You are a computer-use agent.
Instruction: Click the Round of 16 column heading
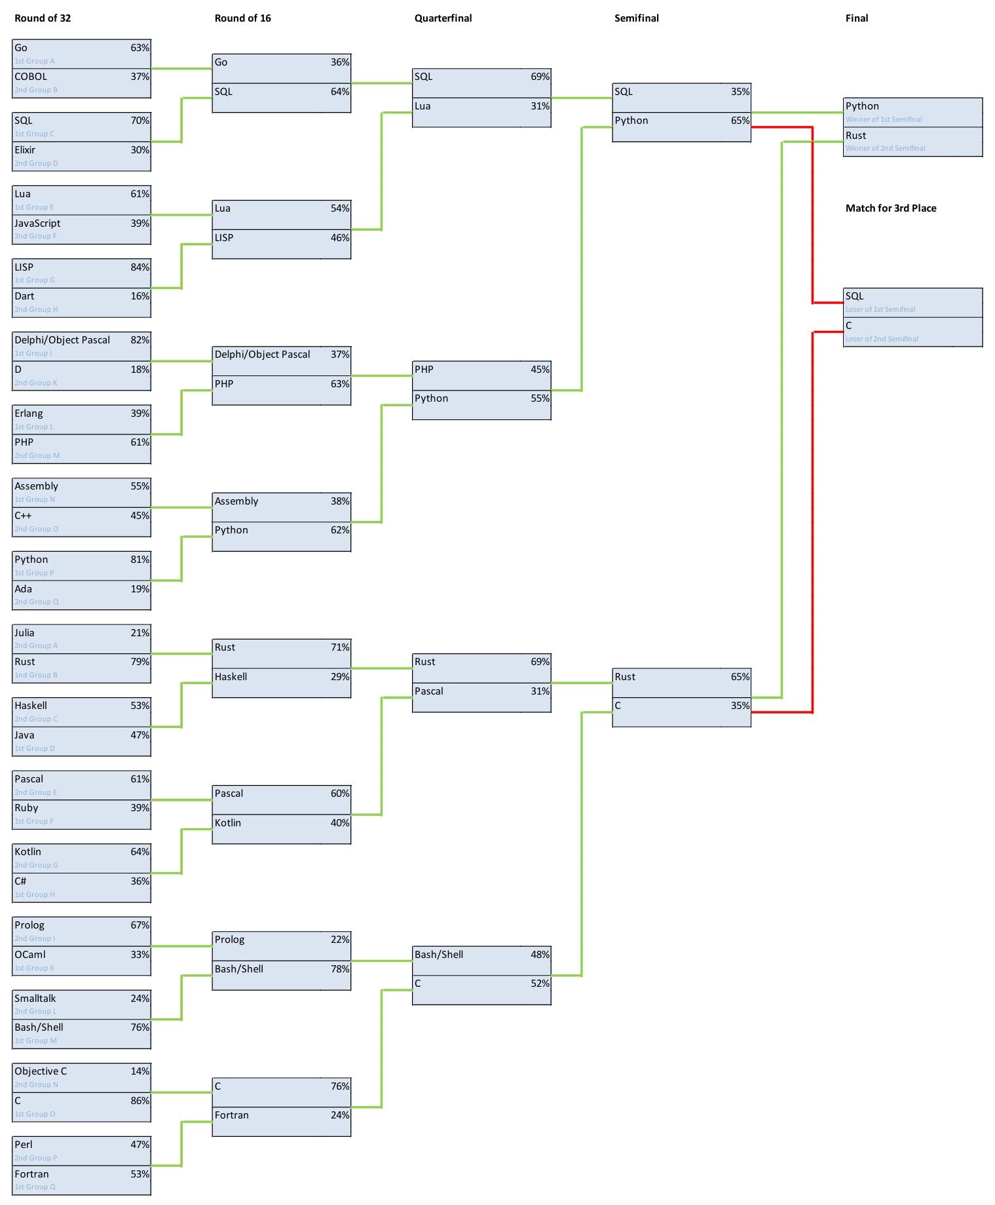pos(242,18)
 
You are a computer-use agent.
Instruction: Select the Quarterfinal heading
pos(443,18)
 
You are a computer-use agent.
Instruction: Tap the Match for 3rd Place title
pos(890,208)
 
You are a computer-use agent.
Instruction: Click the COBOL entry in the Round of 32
pos(31,77)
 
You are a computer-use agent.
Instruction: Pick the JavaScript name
pos(37,223)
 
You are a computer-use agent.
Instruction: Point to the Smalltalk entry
pos(35,999)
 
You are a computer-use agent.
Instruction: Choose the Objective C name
pos(41,1071)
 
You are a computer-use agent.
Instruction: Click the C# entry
pos(20,881)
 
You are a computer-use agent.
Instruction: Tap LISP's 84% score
pos(140,267)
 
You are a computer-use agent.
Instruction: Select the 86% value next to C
pos(140,1101)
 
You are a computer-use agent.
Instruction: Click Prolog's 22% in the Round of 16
pos(340,940)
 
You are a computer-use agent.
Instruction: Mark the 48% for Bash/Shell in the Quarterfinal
pos(540,955)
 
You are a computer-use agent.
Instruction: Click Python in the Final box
pos(862,106)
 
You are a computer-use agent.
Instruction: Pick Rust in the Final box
pos(855,136)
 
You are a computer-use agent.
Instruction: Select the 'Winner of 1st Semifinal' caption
pos(883,119)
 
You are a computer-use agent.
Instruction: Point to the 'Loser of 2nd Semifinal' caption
pos(881,339)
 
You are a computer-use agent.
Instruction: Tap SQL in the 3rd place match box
pos(854,296)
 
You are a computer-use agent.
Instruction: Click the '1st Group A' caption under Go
pos(35,61)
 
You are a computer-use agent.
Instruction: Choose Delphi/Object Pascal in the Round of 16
pos(262,354)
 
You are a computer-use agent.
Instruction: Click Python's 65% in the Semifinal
pos(740,121)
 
